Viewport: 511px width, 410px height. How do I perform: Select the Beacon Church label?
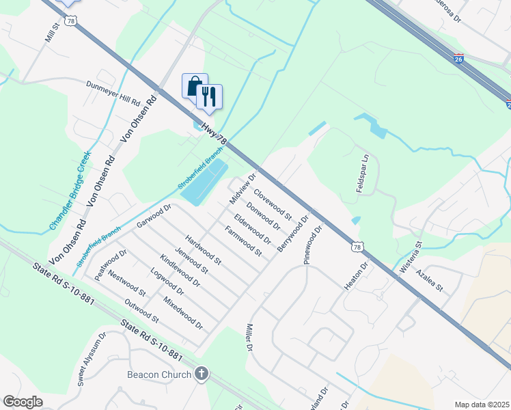[x=159, y=374]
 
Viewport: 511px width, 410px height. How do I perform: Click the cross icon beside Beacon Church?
[x=201, y=374]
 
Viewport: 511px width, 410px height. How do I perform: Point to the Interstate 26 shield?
[x=458, y=59]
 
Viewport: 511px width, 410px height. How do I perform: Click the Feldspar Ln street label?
[x=362, y=173]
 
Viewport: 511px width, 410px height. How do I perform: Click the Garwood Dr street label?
[x=152, y=217]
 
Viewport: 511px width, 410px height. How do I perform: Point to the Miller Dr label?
[x=249, y=337]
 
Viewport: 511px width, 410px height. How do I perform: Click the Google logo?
[x=23, y=402]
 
